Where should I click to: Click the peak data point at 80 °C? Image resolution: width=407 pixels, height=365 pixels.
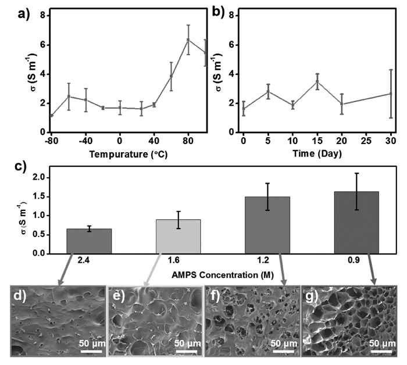pos(188,40)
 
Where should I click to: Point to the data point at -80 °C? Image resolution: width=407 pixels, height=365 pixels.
pos(51,115)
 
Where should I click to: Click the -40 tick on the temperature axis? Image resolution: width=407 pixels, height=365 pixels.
pos(85,140)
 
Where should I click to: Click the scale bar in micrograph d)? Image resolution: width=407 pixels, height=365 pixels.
pos(90,345)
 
